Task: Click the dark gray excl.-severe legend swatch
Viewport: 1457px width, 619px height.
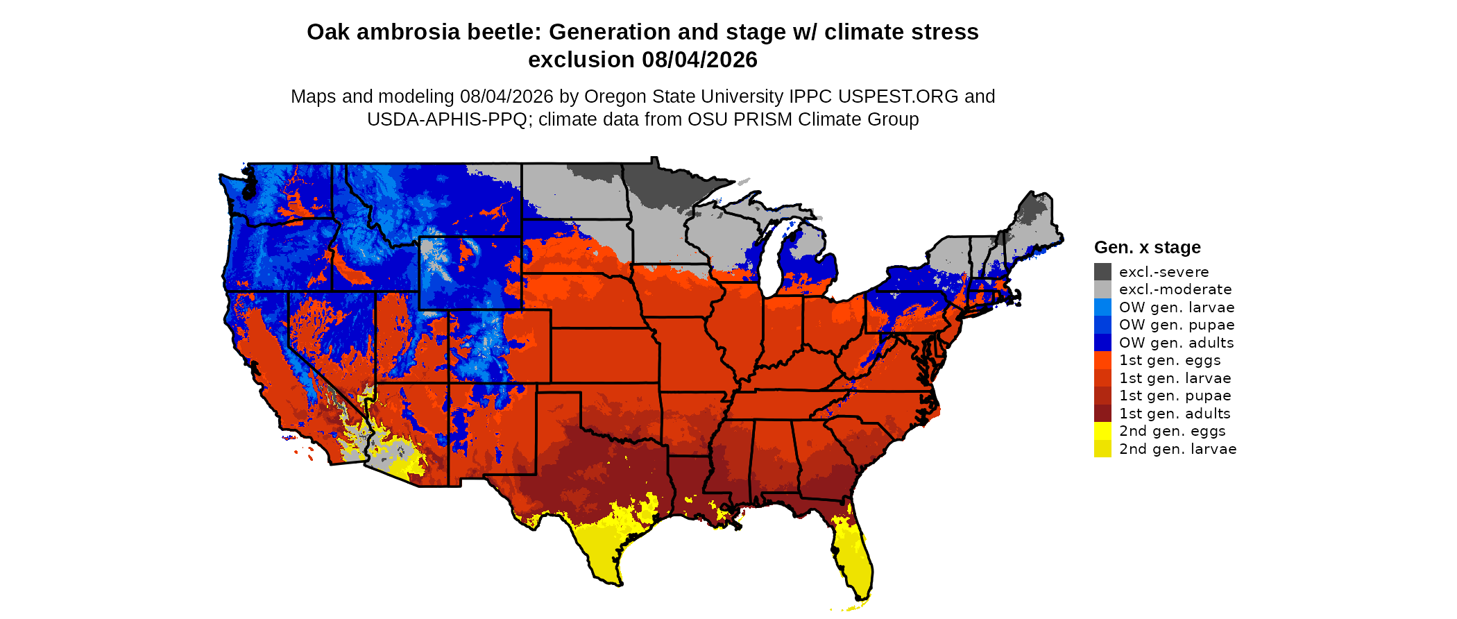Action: [1102, 271]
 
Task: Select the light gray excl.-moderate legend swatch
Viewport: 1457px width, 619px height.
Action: [1102, 289]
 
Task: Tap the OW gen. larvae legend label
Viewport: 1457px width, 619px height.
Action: [1177, 307]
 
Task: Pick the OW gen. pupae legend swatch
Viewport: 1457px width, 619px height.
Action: [1102, 325]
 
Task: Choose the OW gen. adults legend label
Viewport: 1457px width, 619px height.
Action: [1176, 343]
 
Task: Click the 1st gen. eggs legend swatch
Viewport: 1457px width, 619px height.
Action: [1102, 360]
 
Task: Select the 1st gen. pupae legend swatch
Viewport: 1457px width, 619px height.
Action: [1102, 396]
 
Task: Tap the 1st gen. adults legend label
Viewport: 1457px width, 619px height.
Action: [1175, 414]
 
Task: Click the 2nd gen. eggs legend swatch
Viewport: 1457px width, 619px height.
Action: [1102, 431]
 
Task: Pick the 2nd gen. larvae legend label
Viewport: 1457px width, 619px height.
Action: [1177, 449]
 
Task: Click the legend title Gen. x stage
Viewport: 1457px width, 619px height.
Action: [1148, 248]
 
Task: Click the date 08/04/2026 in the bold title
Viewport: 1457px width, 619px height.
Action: [699, 60]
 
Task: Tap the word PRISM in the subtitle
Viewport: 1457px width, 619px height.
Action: [763, 119]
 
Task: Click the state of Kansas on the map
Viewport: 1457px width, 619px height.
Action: [604, 355]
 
